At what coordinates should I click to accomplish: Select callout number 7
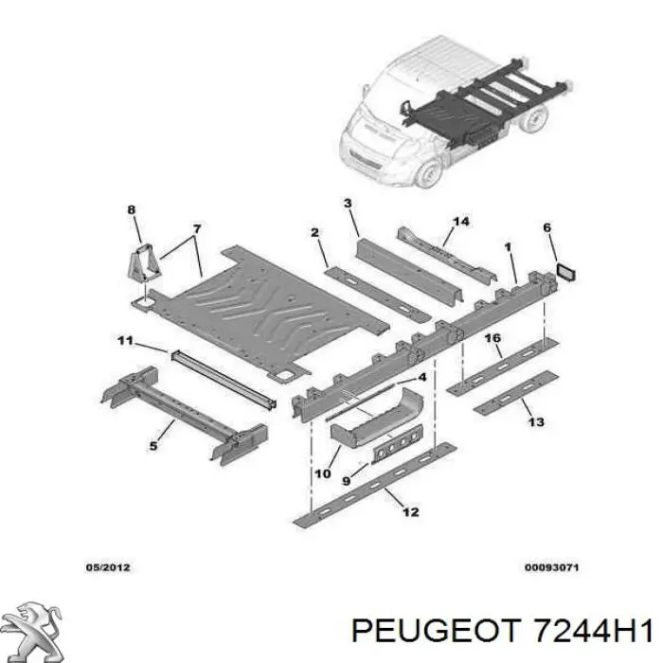(196, 228)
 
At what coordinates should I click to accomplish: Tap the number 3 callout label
(348, 204)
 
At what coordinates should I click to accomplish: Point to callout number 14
(460, 222)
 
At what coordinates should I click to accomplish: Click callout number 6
(547, 227)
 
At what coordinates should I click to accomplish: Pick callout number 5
(153, 446)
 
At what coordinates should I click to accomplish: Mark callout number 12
(410, 512)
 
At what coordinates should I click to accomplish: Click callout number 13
(536, 421)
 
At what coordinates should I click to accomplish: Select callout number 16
(493, 338)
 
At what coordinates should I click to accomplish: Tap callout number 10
(322, 474)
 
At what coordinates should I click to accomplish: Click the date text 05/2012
(107, 568)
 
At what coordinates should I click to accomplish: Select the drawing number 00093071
(551, 568)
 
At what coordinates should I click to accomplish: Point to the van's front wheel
(429, 175)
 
